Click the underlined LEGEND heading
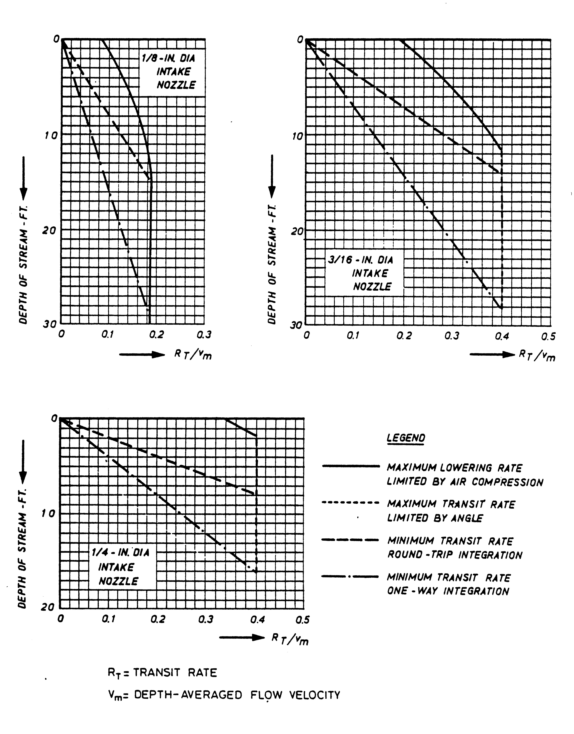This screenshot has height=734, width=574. (x=406, y=438)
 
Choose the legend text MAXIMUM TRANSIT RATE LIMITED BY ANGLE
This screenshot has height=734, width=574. (x=450, y=511)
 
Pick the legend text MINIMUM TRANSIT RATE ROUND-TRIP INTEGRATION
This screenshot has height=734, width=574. (x=454, y=548)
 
